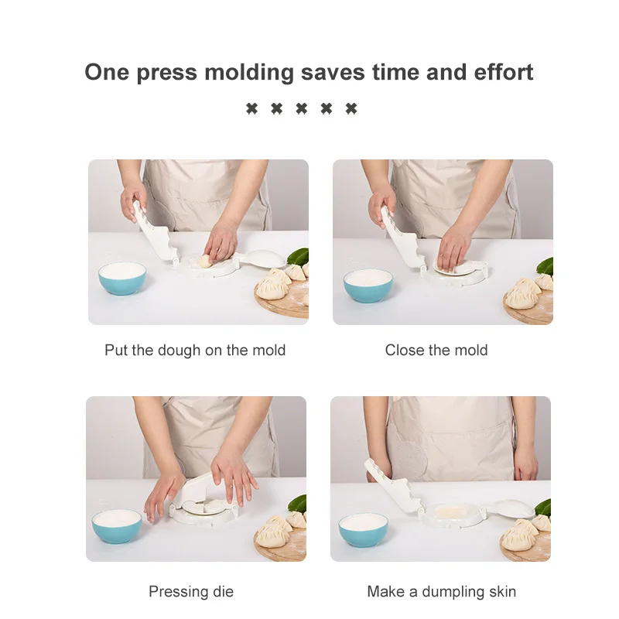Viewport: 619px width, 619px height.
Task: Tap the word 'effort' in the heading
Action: pyautogui.click(x=498, y=73)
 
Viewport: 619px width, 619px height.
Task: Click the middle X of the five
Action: pyautogui.click(x=301, y=109)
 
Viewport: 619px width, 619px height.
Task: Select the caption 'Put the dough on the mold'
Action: pyautogui.click(x=195, y=351)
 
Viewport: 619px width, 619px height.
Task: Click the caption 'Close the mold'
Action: pyautogui.click(x=436, y=351)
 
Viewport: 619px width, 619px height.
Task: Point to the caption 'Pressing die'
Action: pyautogui.click(x=191, y=592)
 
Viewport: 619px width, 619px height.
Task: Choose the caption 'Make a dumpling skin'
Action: pyautogui.click(x=441, y=592)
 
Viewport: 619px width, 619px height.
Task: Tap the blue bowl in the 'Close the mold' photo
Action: pyautogui.click(x=368, y=285)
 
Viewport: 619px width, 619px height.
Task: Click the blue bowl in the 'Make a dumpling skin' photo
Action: pyautogui.click(x=363, y=528)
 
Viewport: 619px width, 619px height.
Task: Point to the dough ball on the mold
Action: pyautogui.click(x=207, y=262)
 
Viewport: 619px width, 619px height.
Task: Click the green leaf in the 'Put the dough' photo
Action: pyautogui.click(x=299, y=257)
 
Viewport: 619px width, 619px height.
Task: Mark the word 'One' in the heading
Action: pyautogui.click(x=106, y=73)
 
